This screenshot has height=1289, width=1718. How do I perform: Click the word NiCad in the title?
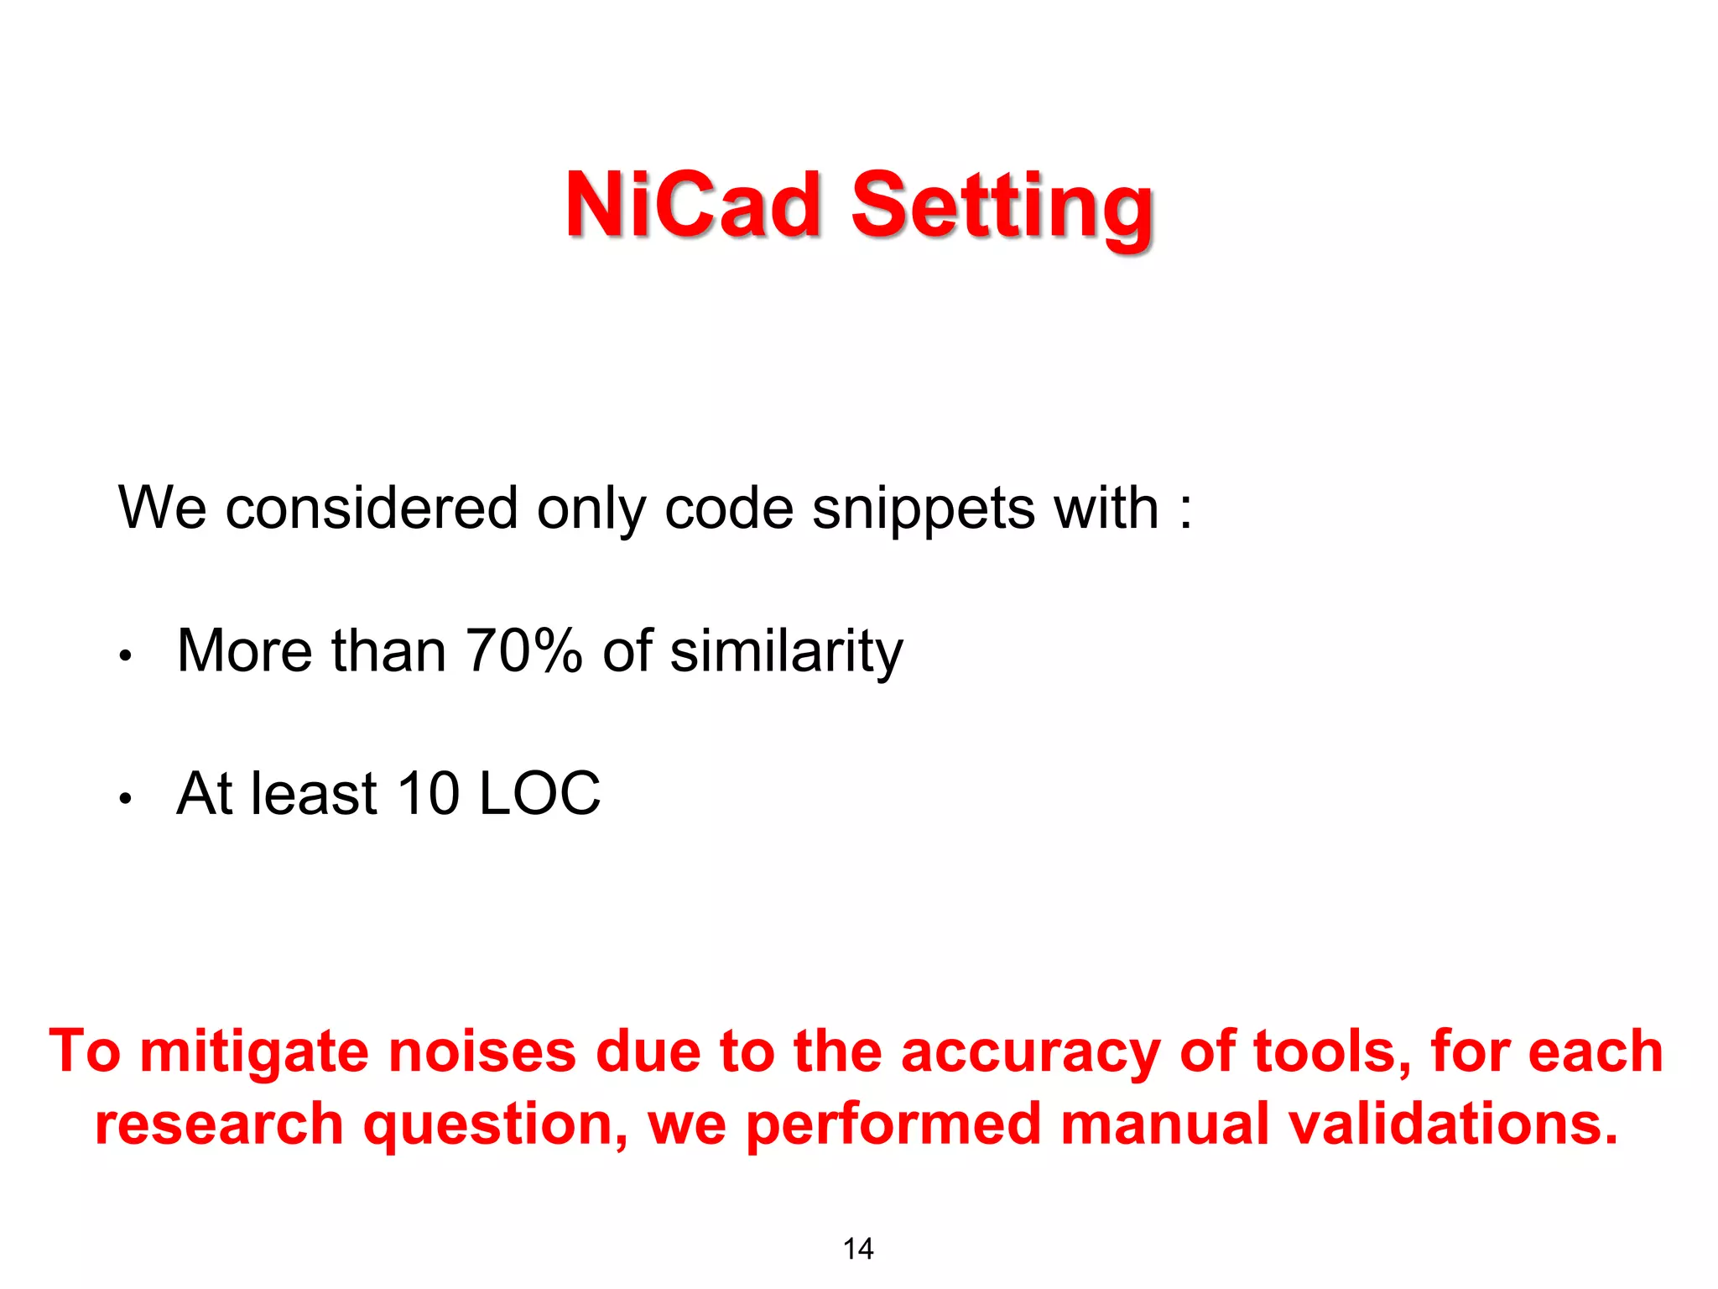(693, 205)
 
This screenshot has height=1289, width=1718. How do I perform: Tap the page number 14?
(858, 1249)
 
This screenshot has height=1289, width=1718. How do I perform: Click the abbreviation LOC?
(539, 794)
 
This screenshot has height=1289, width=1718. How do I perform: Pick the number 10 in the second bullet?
(428, 794)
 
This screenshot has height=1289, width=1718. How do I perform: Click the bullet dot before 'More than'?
(125, 655)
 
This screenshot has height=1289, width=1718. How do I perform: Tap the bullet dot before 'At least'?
(125, 798)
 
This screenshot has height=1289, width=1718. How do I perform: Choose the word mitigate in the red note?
(254, 1052)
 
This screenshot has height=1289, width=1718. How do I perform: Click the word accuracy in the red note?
(1030, 1052)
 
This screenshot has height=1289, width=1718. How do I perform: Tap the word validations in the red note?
(1453, 1125)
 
